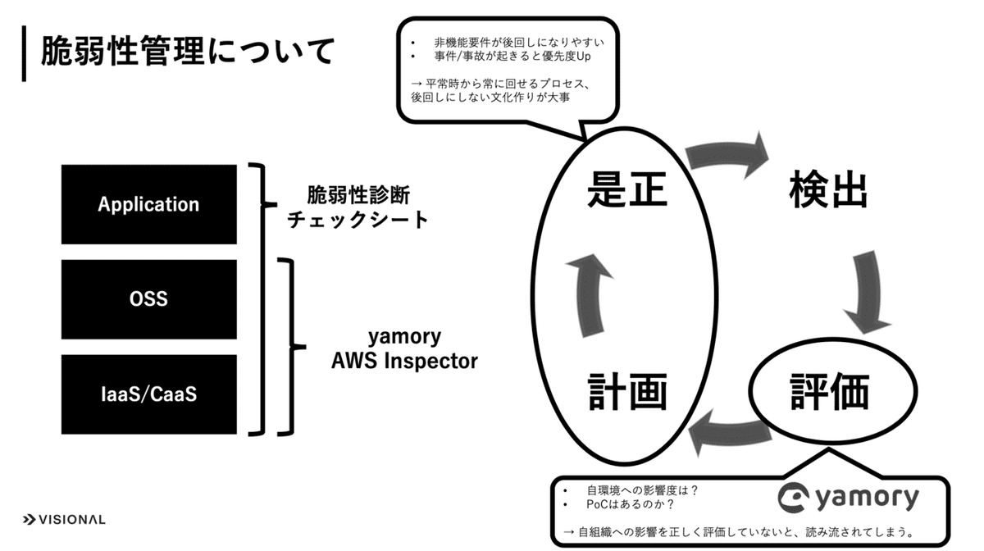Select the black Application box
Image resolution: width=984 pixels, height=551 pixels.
coord(148,204)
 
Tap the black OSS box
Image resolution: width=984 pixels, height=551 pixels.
coord(148,299)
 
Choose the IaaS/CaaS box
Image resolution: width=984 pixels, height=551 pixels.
coord(148,394)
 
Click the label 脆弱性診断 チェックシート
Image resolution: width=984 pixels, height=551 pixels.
coord(358,207)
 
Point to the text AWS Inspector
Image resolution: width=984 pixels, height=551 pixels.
coord(404,361)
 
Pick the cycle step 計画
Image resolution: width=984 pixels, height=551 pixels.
coord(628,393)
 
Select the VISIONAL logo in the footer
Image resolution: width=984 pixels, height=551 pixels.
coord(64,520)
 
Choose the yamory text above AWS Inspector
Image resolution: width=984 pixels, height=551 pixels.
coord(404,336)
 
